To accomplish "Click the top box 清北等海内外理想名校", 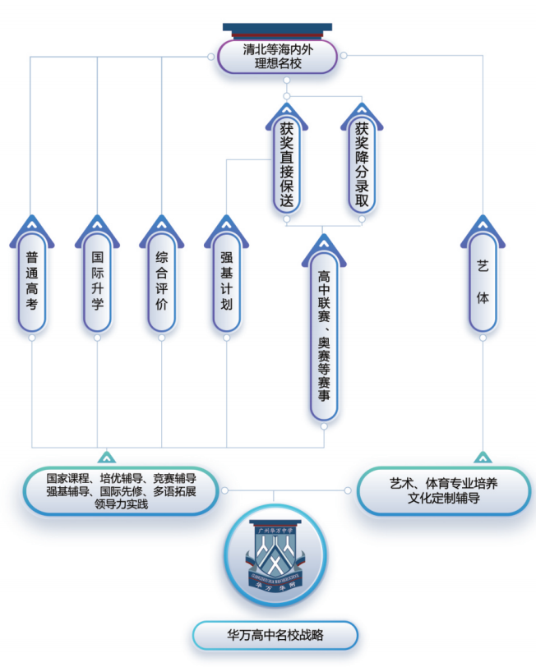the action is [x=277, y=57].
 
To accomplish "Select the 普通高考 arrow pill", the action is [x=32, y=274].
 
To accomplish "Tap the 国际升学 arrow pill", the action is [x=97, y=274].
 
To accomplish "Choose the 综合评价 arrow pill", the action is [x=161, y=274].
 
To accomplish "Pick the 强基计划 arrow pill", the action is [x=227, y=274].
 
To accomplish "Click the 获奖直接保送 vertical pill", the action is [x=287, y=159].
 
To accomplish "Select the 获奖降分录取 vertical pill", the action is [x=362, y=159].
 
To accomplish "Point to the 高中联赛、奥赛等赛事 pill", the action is [x=324, y=328].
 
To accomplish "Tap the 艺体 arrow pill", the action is [x=483, y=274].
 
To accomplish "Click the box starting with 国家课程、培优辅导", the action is [x=121, y=491].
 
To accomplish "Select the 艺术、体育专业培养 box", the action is [x=444, y=491].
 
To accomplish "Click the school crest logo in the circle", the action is [x=276, y=555].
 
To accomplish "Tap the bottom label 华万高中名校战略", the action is [x=275, y=636].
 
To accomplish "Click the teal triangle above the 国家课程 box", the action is [x=106, y=458].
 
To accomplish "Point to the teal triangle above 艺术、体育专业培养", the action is [x=483, y=458].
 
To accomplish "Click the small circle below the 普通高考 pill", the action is [x=32, y=338].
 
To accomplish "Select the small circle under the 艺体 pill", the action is [x=483, y=338].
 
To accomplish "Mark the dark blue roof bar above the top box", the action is [x=277, y=27].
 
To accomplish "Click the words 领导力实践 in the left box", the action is [x=122, y=504].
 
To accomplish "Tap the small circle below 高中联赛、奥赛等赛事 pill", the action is [x=324, y=426].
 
